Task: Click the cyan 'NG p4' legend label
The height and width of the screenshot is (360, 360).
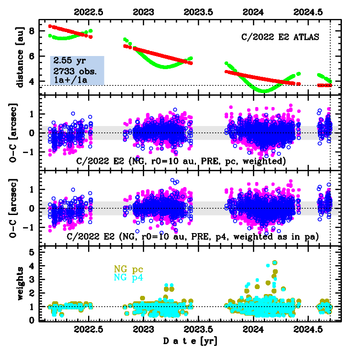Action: click(x=129, y=277)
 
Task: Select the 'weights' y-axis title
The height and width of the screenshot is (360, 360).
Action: click(x=19, y=283)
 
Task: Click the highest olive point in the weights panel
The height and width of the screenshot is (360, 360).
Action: click(x=275, y=262)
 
